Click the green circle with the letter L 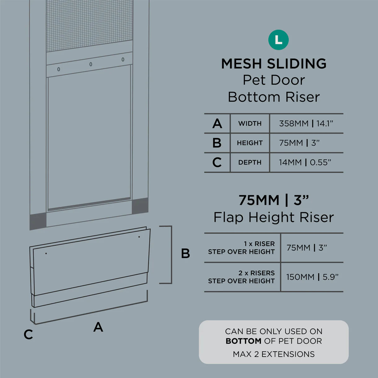point(278,40)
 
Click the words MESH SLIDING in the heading point(274,64)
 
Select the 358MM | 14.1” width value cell point(306,124)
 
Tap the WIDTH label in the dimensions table point(250,124)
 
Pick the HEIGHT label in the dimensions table point(250,143)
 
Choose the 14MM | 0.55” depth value point(305,162)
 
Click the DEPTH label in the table point(250,162)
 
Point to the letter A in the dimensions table point(217,124)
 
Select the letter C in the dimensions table point(217,162)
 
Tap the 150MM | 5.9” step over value point(312,277)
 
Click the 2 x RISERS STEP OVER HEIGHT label point(241,277)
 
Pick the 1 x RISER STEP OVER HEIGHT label point(241,248)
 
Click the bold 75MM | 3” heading point(274,200)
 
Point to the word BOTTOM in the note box point(244,341)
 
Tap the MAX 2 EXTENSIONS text point(274,354)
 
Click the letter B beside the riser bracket point(185,253)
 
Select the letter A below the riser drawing point(98,327)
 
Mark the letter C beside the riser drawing point(28,334)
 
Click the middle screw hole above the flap point(90,64)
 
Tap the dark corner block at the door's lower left point(38,221)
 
